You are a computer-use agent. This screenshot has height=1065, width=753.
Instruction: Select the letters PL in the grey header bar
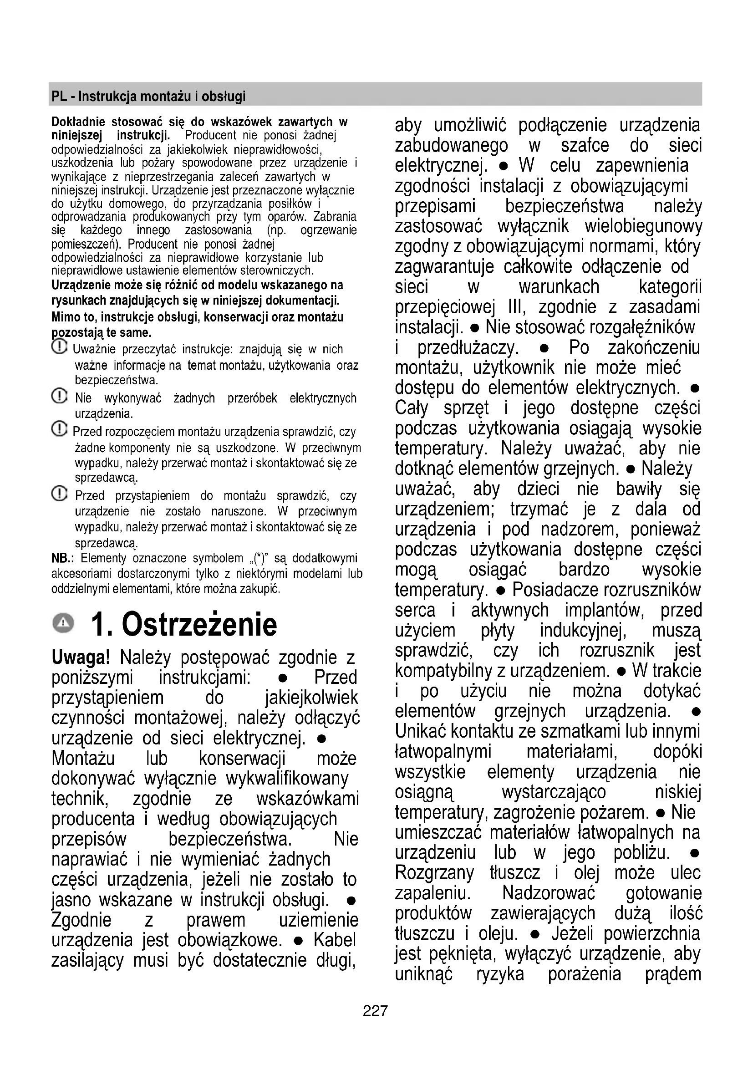coord(59,97)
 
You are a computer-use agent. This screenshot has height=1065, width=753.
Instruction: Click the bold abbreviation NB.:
coord(61,558)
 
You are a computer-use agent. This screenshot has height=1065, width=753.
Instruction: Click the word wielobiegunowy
coord(643,226)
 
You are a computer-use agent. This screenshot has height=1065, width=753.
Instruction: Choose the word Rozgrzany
coord(434,873)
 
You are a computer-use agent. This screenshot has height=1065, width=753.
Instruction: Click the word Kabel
coord(335,940)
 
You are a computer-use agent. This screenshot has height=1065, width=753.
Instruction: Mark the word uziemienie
coord(319,920)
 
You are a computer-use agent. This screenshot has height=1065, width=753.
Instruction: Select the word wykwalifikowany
coord(287,778)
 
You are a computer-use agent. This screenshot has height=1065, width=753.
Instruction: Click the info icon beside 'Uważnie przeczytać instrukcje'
coord(59,347)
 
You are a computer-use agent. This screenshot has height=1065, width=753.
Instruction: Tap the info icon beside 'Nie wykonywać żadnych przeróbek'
coord(59,396)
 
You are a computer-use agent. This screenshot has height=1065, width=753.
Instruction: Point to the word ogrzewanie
coord(328,230)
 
